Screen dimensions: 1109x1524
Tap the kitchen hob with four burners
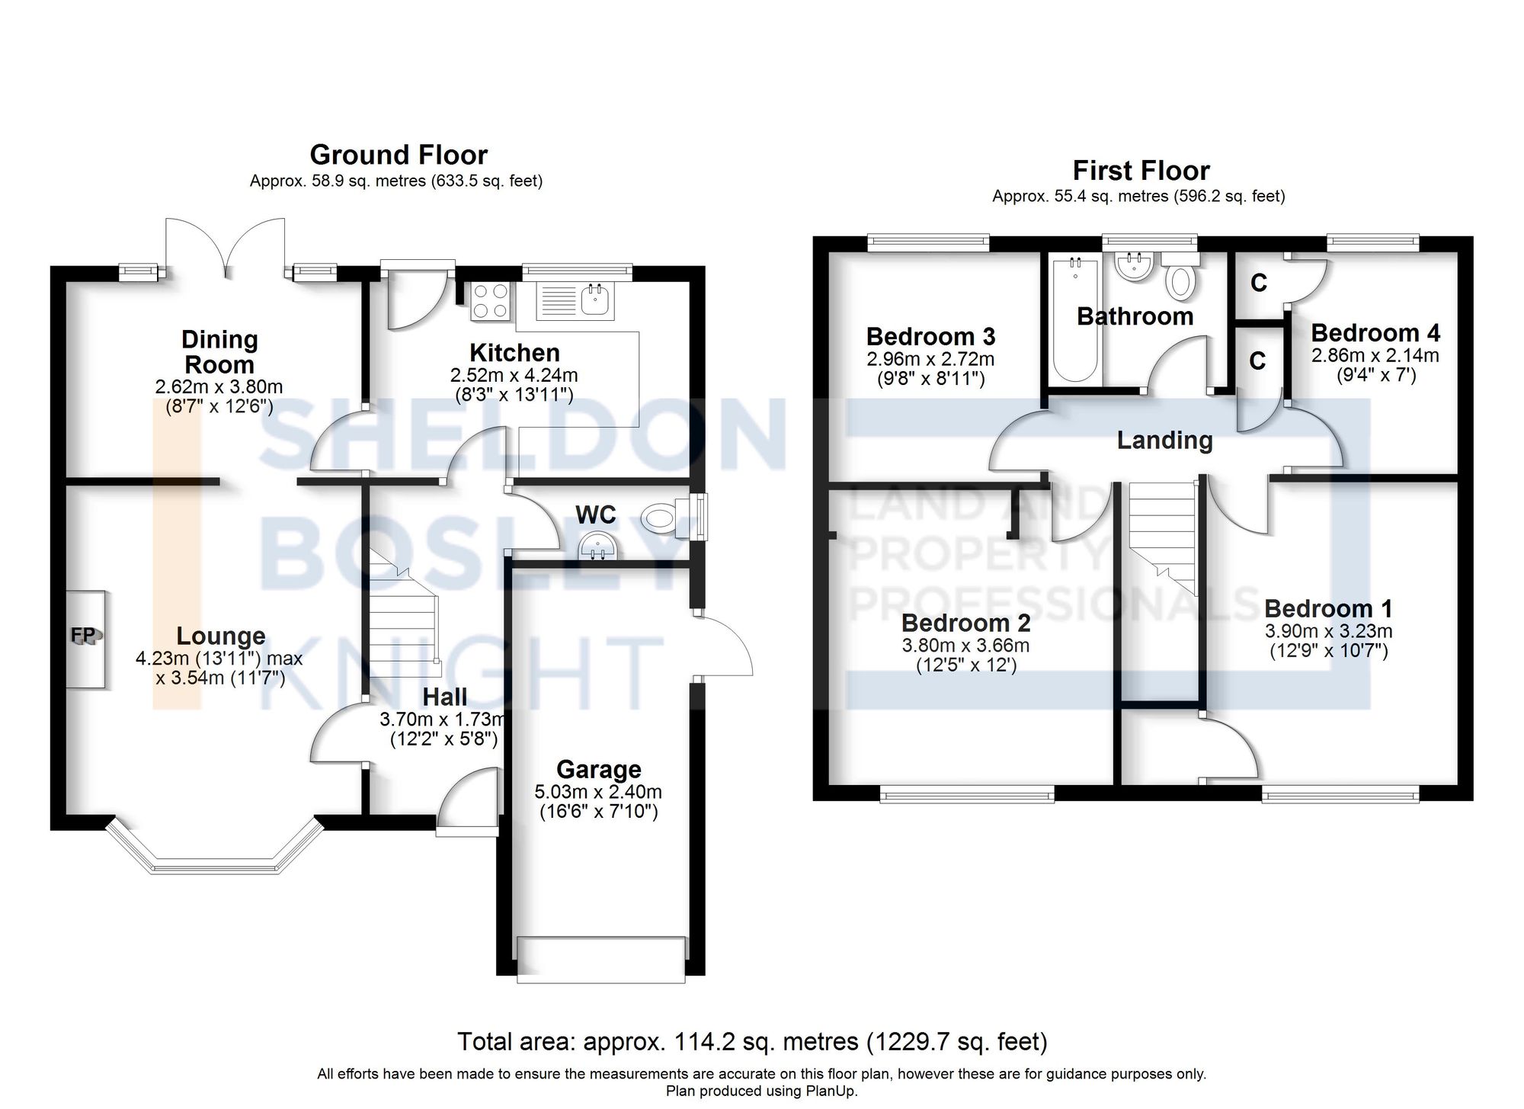pos(491,300)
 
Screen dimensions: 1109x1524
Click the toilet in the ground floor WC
pos(660,521)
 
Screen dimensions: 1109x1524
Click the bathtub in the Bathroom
pos(1074,320)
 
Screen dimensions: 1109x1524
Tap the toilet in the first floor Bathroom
pos(1181,278)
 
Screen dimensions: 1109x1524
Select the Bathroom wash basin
pos(1134,267)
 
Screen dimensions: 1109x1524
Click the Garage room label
pos(598,769)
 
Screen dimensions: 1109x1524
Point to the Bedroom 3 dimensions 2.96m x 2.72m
pos(930,358)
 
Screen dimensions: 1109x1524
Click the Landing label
pos(1164,440)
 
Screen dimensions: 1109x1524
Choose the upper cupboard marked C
pos(1259,284)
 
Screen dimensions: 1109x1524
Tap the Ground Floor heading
pos(398,155)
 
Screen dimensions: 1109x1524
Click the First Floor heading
pos(1140,170)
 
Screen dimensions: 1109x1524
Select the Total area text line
pos(751,1041)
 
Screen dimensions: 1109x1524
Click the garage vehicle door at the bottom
pos(600,959)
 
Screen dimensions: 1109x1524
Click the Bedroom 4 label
pos(1375,333)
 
